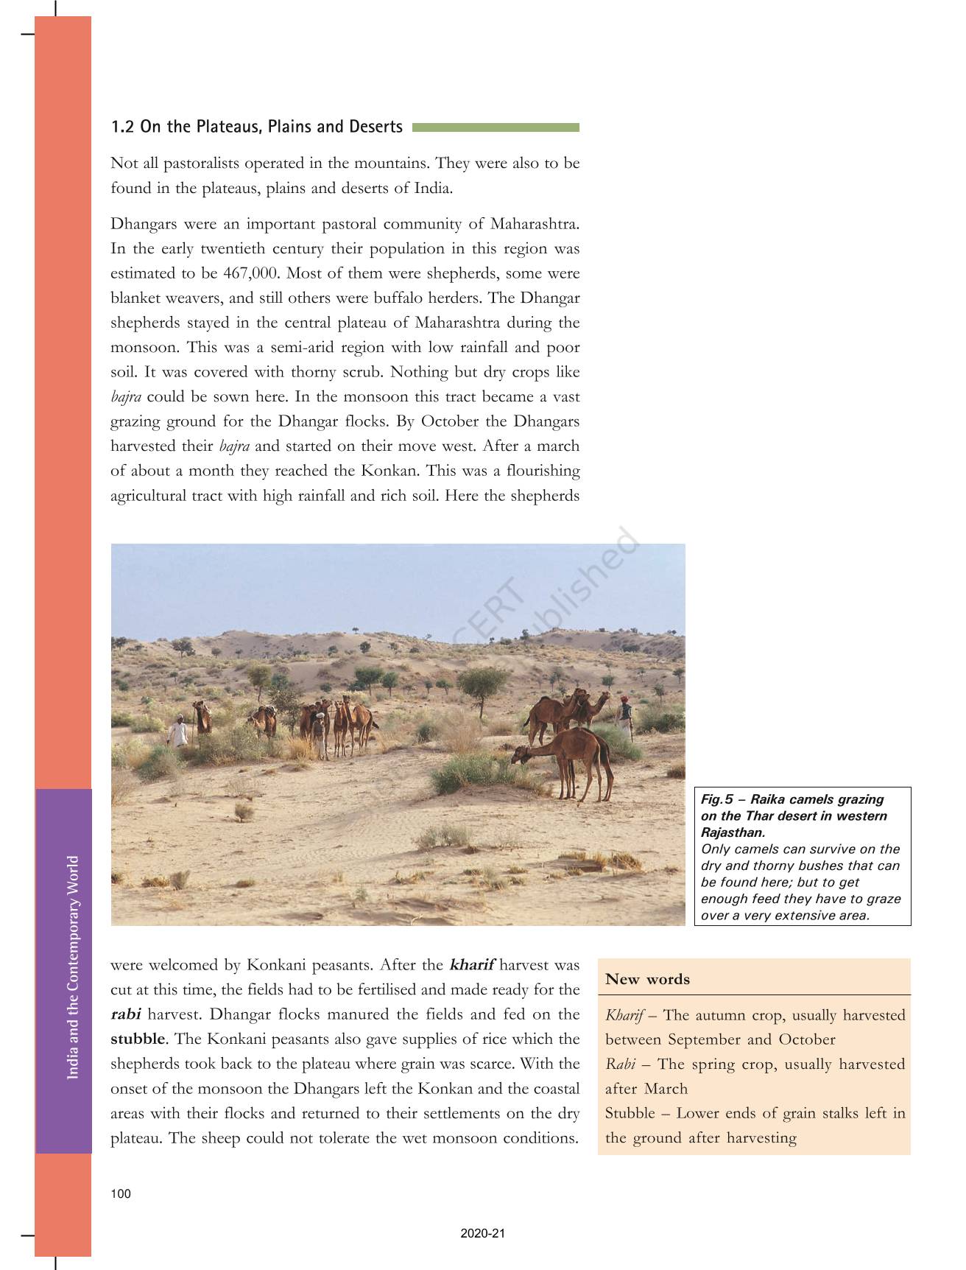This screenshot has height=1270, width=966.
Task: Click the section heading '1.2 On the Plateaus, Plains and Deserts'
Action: (x=256, y=127)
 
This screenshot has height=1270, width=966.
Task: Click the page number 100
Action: (x=121, y=1194)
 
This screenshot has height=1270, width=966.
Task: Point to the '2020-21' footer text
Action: (x=483, y=1234)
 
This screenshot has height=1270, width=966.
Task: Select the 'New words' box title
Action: (x=647, y=979)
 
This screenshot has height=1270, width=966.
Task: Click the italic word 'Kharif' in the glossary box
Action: (x=624, y=1015)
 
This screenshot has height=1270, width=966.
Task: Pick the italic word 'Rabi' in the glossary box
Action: (x=619, y=1064)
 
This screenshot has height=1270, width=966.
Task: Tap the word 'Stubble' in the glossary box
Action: (x=630, y=1113)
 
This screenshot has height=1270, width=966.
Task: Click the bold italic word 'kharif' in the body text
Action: (x=472, y=965)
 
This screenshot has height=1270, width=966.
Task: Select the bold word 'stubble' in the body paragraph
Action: (x=138, y=1039)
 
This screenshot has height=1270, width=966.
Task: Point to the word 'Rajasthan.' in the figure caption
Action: (x=733, y=832)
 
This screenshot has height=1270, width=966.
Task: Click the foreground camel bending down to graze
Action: (x=567, y=755)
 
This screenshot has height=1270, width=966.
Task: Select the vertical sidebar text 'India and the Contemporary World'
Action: (x=73, y=967)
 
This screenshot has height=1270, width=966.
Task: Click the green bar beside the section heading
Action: (x=496, y=127)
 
